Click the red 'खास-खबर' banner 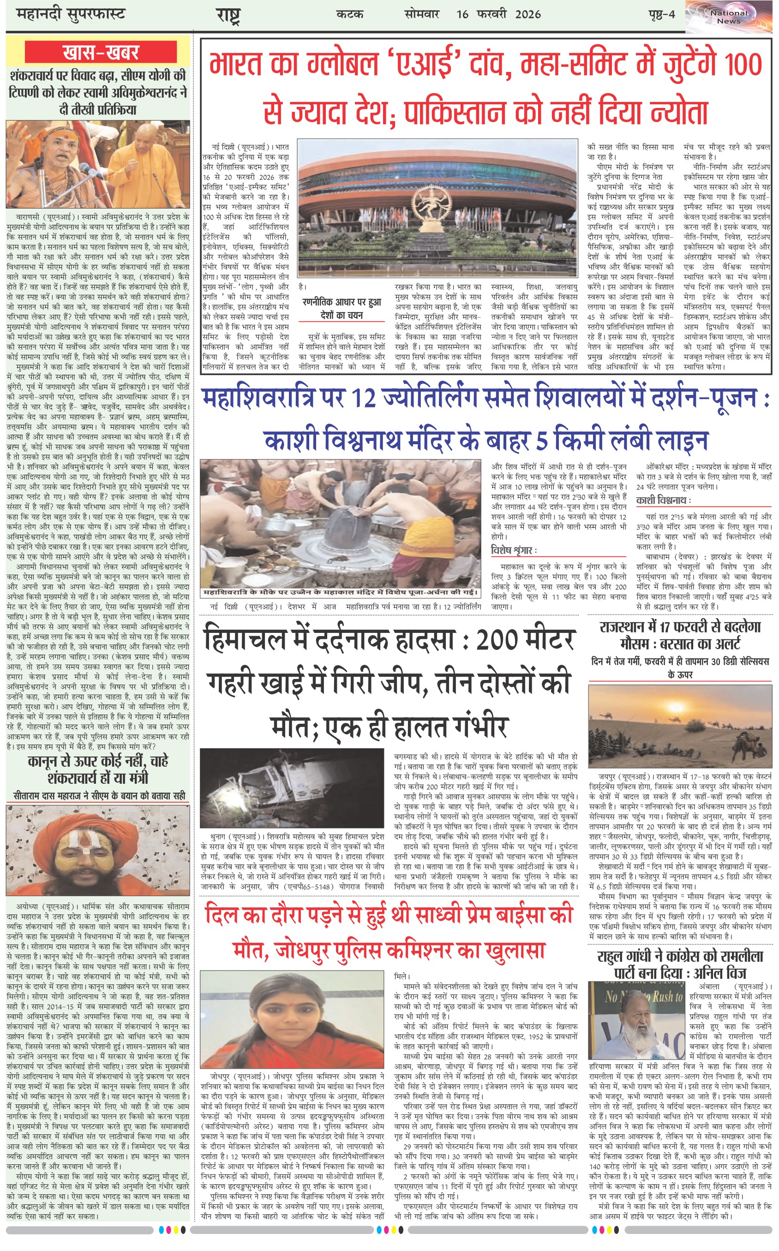pos(101,52)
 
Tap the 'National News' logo pos(729,17)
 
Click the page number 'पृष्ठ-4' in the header pos(661,14)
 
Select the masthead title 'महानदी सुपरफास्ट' pos(71,14)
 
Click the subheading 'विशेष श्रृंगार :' pos(514,550)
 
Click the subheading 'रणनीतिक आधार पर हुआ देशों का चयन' pos(342,309)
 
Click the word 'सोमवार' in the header pos(422,14)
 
